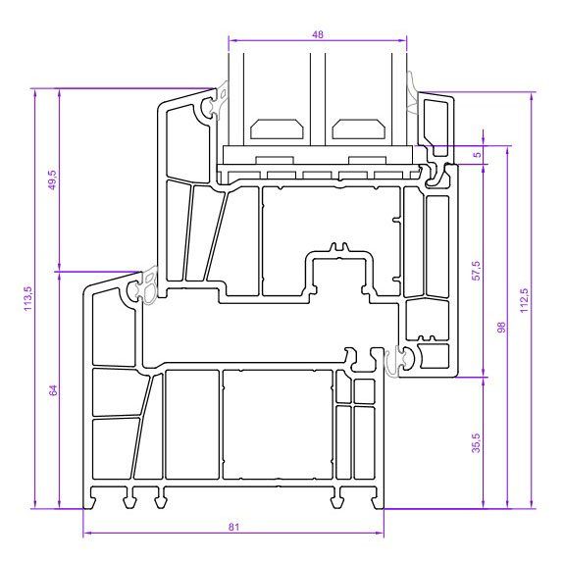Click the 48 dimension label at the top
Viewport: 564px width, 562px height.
(x=318, y=34)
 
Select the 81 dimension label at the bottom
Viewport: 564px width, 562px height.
(x=233, y=527)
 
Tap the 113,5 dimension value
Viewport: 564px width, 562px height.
(x=28, y=299)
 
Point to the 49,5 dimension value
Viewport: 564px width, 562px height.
(x=53, y=179)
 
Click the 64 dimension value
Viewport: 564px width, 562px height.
(x=53, y=390)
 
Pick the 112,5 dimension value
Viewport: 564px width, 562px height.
(x=524, y=300)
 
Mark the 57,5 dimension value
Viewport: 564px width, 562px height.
(x=477, y=271)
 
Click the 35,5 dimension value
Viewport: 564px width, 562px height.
(x=477, y=442)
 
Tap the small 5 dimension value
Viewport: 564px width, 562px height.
(x=477, y=155)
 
